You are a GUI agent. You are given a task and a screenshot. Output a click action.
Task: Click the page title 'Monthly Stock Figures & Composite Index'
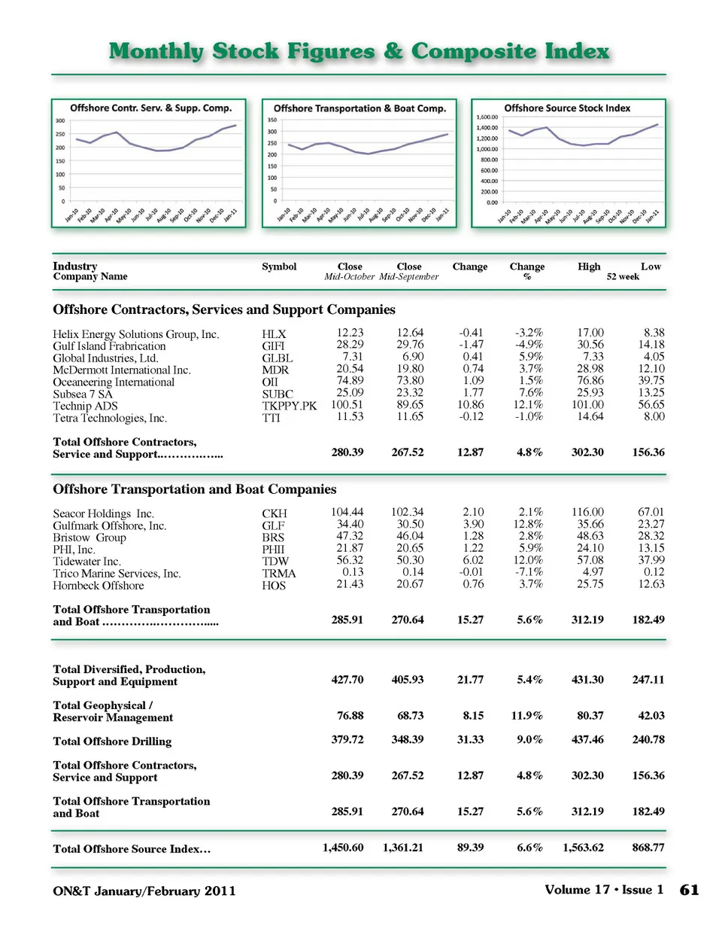[x=359, y=51]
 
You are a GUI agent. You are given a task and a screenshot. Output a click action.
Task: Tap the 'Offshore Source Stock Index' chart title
[x=567, y=108]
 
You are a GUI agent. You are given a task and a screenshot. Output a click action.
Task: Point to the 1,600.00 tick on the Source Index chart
[x=487, y=117]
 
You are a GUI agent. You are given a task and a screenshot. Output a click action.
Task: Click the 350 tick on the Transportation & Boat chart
[x=272, y=120]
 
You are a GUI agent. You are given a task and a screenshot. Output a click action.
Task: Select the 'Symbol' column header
[x=279, y=266]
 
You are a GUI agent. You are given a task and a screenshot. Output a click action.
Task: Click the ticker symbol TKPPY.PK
[x=290, y=406]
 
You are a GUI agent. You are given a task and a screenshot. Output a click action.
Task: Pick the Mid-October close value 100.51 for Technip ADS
[x=347, y=405]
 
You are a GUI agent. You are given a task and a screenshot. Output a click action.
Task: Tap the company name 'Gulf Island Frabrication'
[x=109, y=346]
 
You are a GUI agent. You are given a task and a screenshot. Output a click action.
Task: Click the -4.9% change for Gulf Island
[x=529, y=345]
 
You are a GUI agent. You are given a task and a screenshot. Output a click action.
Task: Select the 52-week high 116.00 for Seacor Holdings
[x=587, y=512]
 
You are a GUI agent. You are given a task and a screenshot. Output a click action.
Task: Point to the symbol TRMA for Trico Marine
[x=279, y=574]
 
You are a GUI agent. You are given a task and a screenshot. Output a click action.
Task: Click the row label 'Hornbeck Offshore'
[x=98, y=586]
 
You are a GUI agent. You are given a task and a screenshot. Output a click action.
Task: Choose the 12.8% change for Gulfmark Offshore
[x=528, y=524]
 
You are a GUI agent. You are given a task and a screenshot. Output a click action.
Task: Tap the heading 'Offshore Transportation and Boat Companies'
[x=194, y=489]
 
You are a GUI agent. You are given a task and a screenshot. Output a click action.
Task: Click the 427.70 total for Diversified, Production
[x=347, y=680]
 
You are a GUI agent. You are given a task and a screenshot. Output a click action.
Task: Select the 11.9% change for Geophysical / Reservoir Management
[x=526, y=716]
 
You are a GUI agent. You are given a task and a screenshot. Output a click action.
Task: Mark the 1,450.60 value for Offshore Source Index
[x=343, y=848]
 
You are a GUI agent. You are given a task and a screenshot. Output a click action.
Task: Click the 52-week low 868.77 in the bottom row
[x=648, y=848]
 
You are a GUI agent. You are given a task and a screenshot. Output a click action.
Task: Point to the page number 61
[x=689, y=891]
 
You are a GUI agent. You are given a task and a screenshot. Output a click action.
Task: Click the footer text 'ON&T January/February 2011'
[x=144, y=891]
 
